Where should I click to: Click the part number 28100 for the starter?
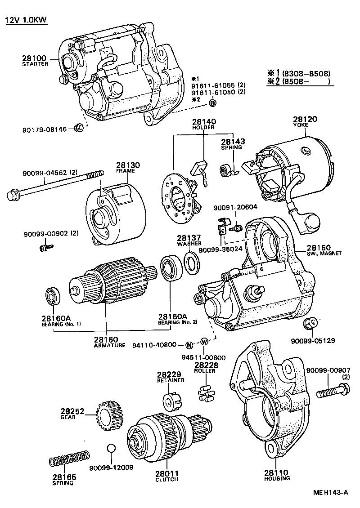(34, 58)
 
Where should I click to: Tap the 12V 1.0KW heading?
(26, 20)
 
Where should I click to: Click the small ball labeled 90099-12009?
(112, 450)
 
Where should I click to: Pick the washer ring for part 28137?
(191, 263)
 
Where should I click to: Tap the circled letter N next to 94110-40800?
(189, 345)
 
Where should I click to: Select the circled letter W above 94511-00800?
(204, 341)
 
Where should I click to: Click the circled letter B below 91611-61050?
(213, 103)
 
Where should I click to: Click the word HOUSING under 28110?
(277, 478)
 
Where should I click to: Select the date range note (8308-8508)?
(306, 74)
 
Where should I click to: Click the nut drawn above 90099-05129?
(310, 323)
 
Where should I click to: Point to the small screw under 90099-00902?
(46, 246)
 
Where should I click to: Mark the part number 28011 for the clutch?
(166, 473)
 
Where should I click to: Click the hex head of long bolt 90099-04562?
(13, 196)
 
